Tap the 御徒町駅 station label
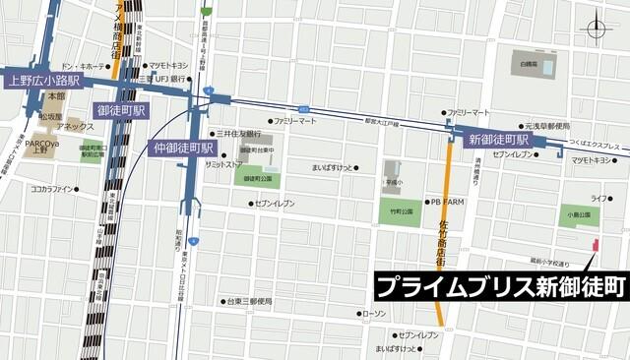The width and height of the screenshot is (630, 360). pyautogui.click(x=122, y=110)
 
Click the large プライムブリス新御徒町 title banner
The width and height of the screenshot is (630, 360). pyautogui.click(x=501, y=286)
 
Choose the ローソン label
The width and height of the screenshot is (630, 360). pyautogui.click(x=375, y=313)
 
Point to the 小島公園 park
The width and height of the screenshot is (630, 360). pyautogui.click(x=578, y=215)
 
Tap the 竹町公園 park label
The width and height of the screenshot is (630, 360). pyautogui.click(x=399, y=210)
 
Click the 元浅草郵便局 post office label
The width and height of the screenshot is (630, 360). pyautogui.click(x=546, y=126)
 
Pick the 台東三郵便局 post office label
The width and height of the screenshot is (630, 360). pyautogui.click(x=246, y=301)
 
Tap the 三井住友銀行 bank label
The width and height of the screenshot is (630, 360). pyautogui.click(x=239, y=133)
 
